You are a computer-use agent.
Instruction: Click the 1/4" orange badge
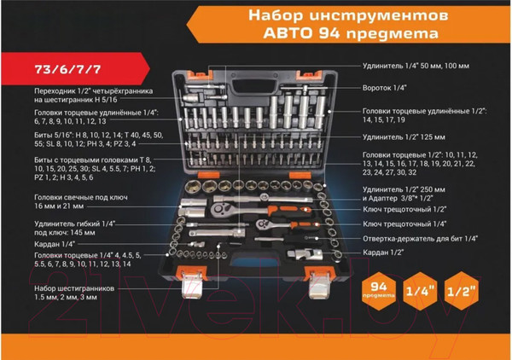(426, 290)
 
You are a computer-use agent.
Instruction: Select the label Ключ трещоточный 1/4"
(405, 224)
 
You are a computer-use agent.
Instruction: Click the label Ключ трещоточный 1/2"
(405, 209)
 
